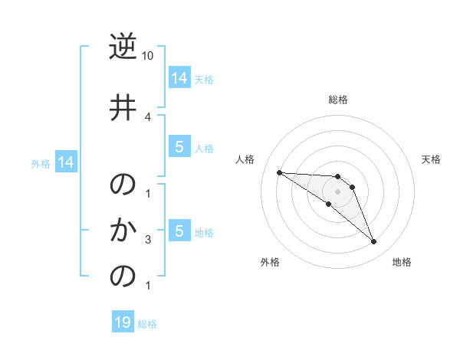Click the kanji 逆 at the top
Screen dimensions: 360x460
point(123,47)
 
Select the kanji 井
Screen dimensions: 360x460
point(123,106)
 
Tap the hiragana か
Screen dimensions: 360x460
point(123,230)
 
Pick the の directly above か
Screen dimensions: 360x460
point(123,185)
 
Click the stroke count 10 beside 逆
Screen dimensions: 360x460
point(148,56)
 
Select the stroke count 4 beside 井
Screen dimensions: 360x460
point(148,116)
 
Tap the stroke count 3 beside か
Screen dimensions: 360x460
point(148,240)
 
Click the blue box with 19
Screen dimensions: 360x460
point(123,322)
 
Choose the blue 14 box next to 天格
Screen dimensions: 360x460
point(179,77)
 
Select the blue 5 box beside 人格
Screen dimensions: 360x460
point(179,147)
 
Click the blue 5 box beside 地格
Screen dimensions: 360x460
point(179,231)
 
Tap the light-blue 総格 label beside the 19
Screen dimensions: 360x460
point(147,324)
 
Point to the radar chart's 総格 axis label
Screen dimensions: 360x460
point(337,100)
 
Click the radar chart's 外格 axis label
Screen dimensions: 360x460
point(270,262)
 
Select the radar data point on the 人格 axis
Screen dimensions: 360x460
point(279,172)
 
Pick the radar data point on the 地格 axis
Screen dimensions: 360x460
point(373,242)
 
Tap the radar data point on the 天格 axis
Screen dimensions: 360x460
point(352,187)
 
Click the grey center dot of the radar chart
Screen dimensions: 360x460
point(337,191)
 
